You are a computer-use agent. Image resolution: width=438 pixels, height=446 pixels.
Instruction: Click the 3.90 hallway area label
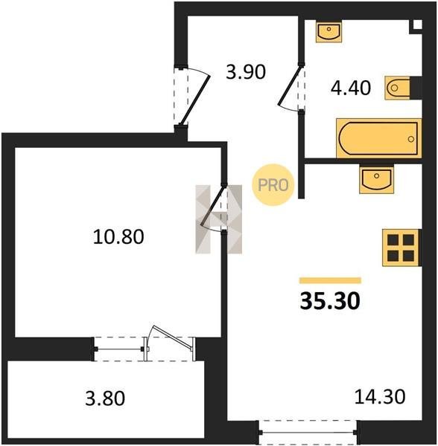click(x=246, y=71)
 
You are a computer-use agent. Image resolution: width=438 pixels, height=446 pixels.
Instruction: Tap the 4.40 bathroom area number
click(x=351, y=88)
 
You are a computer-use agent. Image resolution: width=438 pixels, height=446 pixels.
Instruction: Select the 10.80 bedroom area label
click(x=118, y=236)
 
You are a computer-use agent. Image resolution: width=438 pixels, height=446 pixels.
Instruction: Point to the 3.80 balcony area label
click(x=105, y=398)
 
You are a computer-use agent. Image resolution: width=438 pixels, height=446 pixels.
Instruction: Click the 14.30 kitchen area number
click(x=380, y=397)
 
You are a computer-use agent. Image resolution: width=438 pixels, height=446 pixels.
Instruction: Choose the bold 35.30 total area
click(x=330, y=301)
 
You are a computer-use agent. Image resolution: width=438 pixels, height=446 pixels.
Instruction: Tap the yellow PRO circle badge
click(x=273, y=185)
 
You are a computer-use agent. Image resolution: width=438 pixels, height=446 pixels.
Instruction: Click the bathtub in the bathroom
click(x=378, y=138)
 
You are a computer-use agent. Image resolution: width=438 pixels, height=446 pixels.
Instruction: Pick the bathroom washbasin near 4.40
click(x=328, y=31)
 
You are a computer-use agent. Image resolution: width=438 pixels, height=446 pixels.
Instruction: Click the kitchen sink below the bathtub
click(x=376, y=179)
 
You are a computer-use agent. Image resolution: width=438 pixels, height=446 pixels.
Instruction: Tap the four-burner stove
click(x=401, y=248)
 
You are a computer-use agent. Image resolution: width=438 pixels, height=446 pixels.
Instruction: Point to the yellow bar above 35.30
click(x=330, y=280)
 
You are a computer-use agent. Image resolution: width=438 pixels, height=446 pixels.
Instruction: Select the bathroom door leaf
click(x=289, y=85)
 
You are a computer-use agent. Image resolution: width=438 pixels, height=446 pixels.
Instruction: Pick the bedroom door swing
click(x=212, y=205)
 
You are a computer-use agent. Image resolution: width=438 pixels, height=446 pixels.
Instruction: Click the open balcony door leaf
click(x=172, y=337)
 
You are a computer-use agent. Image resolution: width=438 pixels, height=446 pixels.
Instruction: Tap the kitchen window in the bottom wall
click(x=308, y=433)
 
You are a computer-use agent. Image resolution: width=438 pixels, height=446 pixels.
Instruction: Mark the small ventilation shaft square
click(x=417, y=25)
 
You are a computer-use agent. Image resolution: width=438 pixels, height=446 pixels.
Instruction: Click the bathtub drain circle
click(x=410, y=139)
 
